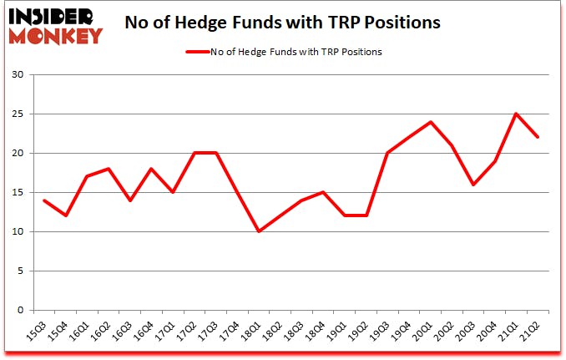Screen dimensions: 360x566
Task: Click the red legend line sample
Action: pyautogui.click(x=200, y=53)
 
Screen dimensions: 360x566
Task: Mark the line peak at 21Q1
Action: pyautogui.click(x=516, y=114)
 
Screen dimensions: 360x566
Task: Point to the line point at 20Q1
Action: pyautogui.click(x=430, y=122)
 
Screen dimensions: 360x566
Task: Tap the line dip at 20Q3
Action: pyautogui.click(x=473, y=185)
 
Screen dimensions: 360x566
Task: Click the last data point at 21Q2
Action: pyautogui.click(x=538, y=138)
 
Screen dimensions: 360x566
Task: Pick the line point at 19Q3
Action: pyautogui.click(x=387, y=153)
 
